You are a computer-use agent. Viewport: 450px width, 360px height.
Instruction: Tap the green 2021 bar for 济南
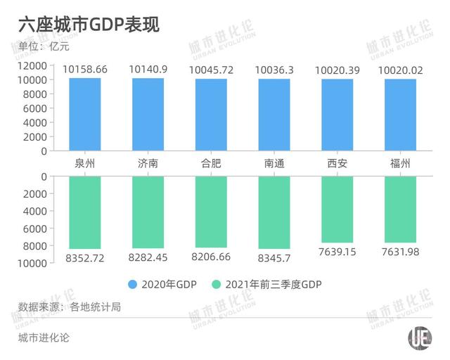[148, 212]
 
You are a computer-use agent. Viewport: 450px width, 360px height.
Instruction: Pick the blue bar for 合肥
[211, 114]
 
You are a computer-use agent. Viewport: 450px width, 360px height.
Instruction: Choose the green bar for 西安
[337, 209]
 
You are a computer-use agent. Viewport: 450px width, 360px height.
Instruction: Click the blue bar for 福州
[400, 114]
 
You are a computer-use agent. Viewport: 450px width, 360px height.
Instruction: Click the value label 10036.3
[274, 70]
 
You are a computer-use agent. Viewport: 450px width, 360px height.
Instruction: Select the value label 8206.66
[211, 257]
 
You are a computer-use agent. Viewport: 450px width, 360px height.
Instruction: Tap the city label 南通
[274, 165]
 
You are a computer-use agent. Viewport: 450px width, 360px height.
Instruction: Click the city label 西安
[337, 165]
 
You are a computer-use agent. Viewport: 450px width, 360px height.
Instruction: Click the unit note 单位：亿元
[44, 47]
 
